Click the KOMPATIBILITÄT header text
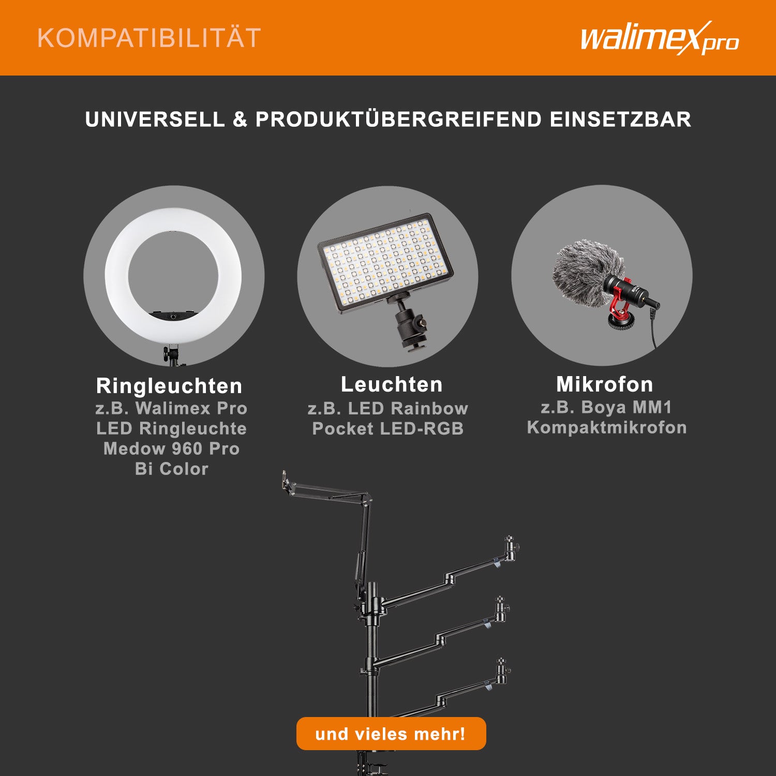click(x=149, y=38)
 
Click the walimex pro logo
click(x=659, y=39)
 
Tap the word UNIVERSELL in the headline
click(x=155, y=120)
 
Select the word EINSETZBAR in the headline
click(x=620, y=120)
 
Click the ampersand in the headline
click(x=240, y=120)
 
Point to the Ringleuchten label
click(x=169, y=386)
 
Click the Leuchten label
click(x=392, y=384)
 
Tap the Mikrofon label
click(x=604, y=384)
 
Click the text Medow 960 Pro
click(x=171, y=449)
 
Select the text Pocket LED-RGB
click(x=388, y=429)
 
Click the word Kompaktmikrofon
click(x=607, y=427)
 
